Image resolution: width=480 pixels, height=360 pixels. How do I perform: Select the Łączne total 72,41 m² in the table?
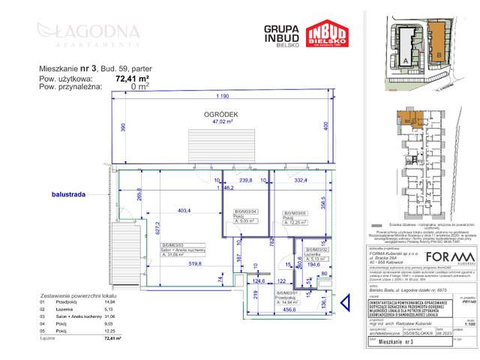click(112, 338)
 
